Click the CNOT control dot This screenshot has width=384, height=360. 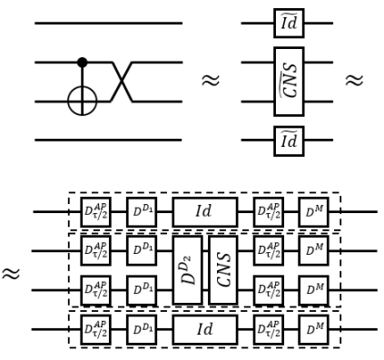pos(82,63)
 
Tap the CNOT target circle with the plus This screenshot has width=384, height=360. pos(82,101)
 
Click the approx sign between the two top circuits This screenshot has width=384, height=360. pos(212,82)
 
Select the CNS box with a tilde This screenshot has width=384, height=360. pos(289,82)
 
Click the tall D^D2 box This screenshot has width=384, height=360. pos(187,269)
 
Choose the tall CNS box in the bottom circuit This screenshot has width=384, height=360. pos(222,269)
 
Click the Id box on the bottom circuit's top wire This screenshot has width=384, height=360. pos(204,211)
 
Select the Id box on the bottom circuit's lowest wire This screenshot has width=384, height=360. pos(204,329)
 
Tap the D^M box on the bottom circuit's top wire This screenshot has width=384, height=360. pos(313,211)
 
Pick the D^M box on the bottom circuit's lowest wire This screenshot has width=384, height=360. pos(313,329)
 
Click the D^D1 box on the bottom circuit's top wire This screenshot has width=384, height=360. pos(142,211)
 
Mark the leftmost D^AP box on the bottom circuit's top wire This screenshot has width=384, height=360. pos(95,211)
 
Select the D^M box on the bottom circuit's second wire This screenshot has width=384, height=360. pos(313,249)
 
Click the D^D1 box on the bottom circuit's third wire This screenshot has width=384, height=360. pos(142,290)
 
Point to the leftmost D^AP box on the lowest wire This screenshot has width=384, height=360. pos(95,329)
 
